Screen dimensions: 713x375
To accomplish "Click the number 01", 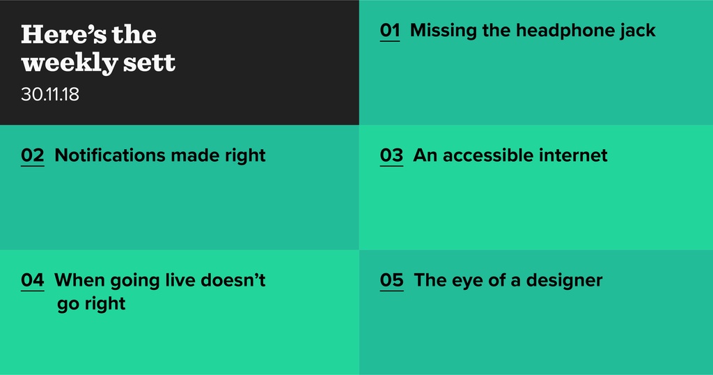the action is [x=390, y=31].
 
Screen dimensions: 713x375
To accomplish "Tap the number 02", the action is [x=33, y=155].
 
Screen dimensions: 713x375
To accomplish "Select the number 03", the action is [x=391, y=155].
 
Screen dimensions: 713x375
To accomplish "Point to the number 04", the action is [x=33, y=280].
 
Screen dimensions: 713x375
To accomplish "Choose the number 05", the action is [x=392, y=280].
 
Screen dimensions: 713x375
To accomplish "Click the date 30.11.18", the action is [x=50, y=95].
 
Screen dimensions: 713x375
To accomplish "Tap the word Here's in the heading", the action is [x=63, y=35].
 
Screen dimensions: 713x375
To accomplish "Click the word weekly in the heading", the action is [x=70, y=63].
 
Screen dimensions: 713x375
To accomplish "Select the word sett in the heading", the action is [x=149, y=63].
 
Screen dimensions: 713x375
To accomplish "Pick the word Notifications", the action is [x=110, y=155].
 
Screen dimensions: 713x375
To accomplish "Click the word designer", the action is [x=564, y=281].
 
